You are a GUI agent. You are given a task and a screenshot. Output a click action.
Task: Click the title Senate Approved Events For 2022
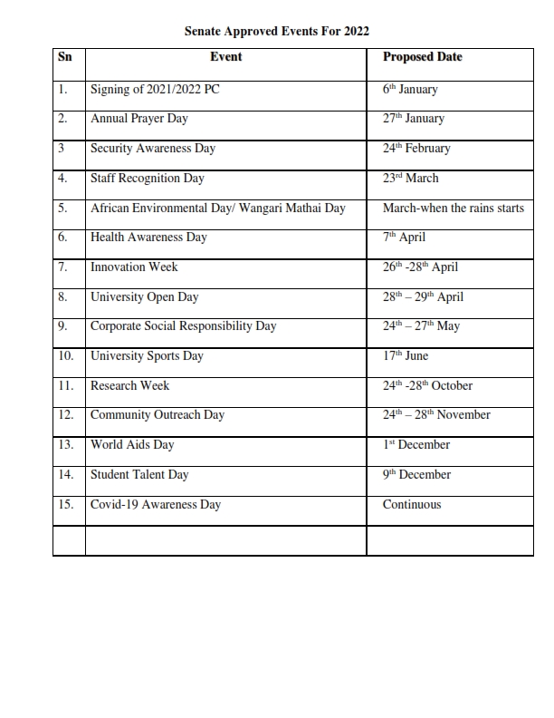click(277, 31)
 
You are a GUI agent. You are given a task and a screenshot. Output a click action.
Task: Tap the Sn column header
click(64, 57)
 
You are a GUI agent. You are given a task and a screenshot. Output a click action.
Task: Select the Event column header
click(225, 57)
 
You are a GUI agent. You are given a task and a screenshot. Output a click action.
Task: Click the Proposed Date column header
click(422, 57)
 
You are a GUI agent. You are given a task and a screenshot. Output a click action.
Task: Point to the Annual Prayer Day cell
click(140, 119)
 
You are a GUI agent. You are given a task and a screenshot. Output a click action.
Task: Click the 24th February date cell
click(416, 149)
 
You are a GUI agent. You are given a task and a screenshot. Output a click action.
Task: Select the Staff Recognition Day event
click(148, 179)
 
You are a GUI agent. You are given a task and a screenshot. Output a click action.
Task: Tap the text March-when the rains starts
click(454, 209)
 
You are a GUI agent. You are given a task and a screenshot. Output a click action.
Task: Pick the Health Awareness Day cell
click(148, 238)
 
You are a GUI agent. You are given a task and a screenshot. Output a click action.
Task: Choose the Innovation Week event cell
click(134, 267)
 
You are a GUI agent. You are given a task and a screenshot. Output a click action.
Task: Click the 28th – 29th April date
click(424, 297)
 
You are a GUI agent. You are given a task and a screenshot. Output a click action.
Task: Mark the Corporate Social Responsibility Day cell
click(184, 326)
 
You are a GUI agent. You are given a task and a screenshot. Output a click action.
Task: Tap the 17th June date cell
click(406, 356)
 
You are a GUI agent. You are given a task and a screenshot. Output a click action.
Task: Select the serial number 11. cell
click(65, 386)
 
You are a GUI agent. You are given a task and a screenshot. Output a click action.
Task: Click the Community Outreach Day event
click(158, 415)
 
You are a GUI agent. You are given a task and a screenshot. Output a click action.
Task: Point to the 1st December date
click(416, 445)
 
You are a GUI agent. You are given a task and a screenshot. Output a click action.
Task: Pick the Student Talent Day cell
click(139, 475)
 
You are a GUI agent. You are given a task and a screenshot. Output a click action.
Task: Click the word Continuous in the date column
click(412, 505)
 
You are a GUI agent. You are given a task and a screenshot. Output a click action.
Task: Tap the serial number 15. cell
click(65, 505)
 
